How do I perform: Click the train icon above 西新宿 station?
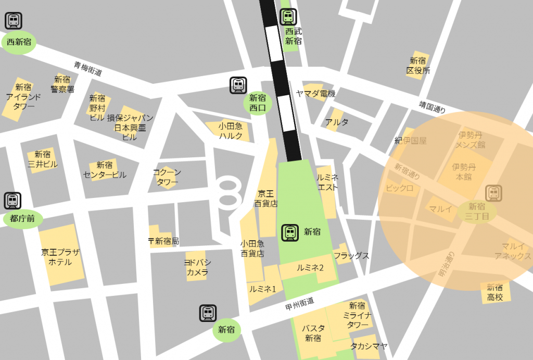[x=13, y=21]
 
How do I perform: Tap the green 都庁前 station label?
[x=23, y=219]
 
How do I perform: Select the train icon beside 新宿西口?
[x=238, y=85]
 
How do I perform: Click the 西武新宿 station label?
[x=294, y=36]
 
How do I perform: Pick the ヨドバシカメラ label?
[x=198, y=267]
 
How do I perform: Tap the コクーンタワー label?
[x=167, y=177]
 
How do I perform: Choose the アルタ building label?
[x=336, y=122]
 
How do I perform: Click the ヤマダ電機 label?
[x=315, y=94]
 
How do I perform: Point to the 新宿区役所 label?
[x=418, y=66]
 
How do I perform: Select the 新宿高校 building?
[x=495, y=292]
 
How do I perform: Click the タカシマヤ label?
[x=369, y=346]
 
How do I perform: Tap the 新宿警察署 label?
[x=62, y=84]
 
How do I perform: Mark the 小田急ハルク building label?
[x=231, y=131]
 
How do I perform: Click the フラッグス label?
[x=351, y=255]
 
